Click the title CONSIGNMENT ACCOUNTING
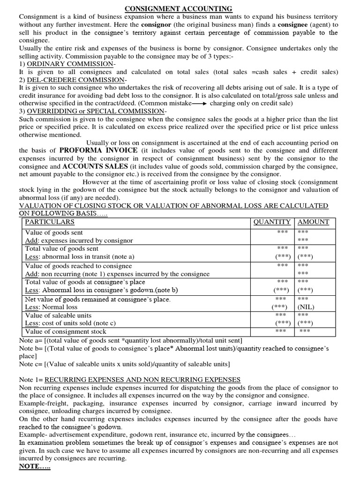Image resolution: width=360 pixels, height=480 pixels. [x=178, y=9]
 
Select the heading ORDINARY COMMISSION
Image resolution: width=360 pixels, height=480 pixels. [x=70, y=64]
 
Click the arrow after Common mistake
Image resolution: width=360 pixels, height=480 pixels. [x=200, y=104]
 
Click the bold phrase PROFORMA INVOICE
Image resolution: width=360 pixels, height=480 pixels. [x=98, y=150]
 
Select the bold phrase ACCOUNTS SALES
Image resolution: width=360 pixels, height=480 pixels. [x=92, y=166]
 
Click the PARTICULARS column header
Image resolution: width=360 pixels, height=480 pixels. [x=50, y=222]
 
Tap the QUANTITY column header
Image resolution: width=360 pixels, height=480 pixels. [x=272, y=222]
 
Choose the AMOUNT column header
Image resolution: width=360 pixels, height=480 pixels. [x=313, y=222]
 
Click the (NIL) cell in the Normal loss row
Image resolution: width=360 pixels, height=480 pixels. [x=306, y=307]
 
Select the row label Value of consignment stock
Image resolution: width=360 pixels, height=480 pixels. [x=68, y=332]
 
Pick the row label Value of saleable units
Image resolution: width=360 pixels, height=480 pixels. [x=58, y=315]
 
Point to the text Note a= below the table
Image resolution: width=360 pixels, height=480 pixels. [x=30, y=340]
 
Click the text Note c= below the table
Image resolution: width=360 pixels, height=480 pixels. [x=30, y=364]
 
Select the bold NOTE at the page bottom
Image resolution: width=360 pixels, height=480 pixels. [x=34, y=467]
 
